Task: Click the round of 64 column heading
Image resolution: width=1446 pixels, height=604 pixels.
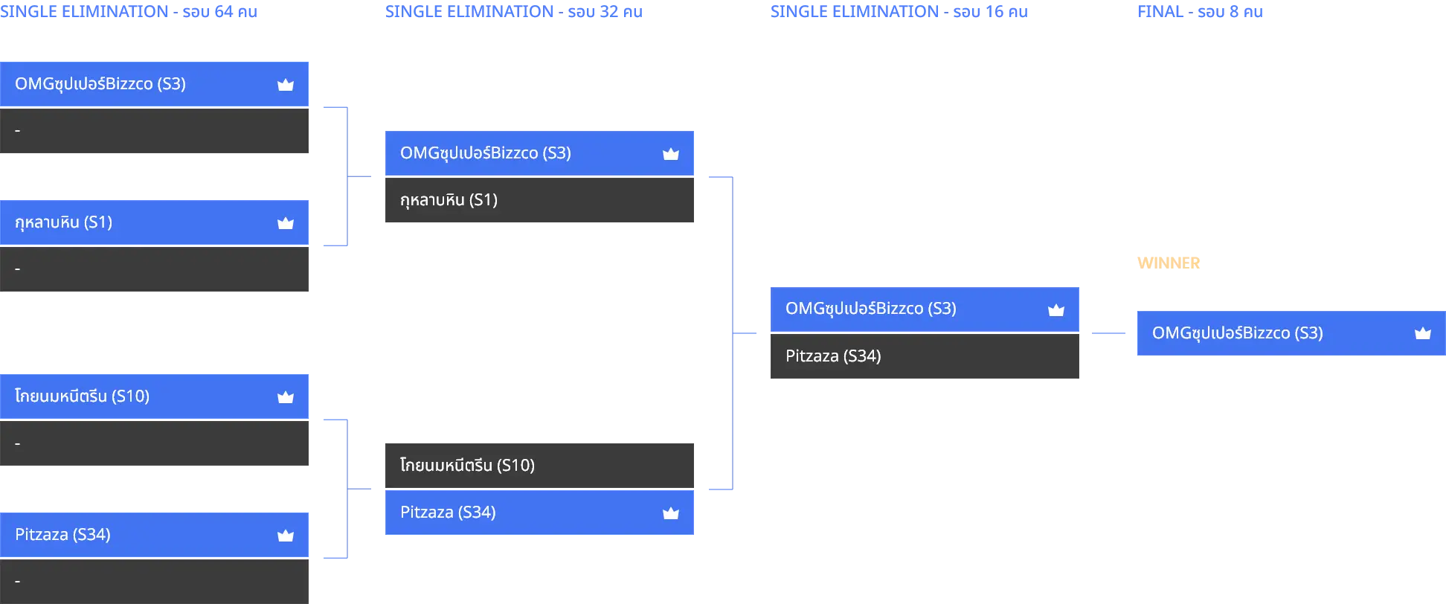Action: (129, 12)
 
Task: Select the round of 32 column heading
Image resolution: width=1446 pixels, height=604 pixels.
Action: (514, 12)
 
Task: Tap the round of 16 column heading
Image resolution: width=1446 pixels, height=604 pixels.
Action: (899, 12)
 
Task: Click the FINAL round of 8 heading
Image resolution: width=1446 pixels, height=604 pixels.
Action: (1200, 12)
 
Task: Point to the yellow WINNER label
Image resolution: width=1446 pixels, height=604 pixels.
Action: (1169, 263)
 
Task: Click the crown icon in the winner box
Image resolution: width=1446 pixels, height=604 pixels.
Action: (1423, 333)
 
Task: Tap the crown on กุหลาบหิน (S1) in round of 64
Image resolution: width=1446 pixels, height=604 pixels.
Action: (286, 223)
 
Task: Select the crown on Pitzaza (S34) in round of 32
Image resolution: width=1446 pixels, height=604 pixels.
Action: (671, 513)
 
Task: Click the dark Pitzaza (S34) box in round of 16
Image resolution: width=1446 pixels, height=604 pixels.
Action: (925, 356)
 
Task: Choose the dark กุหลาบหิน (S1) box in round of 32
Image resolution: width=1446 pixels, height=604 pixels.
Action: (539, 200)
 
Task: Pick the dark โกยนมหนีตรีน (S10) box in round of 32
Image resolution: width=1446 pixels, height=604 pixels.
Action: (539, 466)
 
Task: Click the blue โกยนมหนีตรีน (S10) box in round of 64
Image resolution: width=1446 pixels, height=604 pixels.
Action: (154, 396)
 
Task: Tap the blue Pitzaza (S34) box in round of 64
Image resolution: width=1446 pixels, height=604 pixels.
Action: (154, 535)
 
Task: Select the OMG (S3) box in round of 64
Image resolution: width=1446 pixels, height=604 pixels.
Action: (154, 84)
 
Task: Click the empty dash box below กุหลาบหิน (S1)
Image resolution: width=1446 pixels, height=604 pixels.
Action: (154, 269)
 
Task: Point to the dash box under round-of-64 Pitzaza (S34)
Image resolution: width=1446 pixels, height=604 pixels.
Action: (154, 582)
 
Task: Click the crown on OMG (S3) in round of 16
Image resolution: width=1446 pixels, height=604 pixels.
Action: (1056, 310)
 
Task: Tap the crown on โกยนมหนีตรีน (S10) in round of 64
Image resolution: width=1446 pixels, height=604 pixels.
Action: (286, 397)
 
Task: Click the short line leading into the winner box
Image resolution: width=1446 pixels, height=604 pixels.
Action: (1108, 333)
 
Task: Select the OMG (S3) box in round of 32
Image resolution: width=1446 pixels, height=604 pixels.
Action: (539, 153)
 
